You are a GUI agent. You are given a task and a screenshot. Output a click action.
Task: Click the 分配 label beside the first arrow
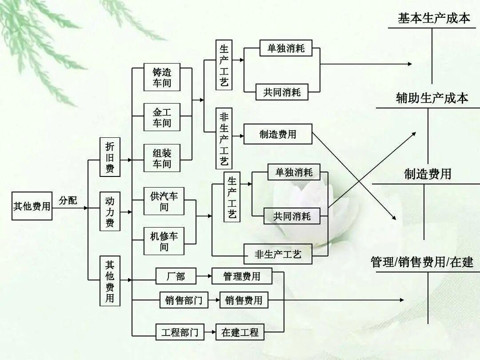(x=68, y=200)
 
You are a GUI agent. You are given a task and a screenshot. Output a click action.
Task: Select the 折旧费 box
(x=110, y=157)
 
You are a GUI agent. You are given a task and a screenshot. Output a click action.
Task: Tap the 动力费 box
(x=110, y=212)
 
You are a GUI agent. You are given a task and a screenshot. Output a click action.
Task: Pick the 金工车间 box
(x=162, y=117)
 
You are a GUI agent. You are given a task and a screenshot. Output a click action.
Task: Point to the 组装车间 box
(x=162, y=158)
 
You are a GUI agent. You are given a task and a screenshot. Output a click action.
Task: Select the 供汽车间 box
(x=164, y=201)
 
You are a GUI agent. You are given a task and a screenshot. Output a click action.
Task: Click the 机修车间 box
(x=164, y=241)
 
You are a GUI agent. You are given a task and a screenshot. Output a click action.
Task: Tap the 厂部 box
(x=176, y=276)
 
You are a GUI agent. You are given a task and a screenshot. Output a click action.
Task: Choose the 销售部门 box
(x=182, y=300)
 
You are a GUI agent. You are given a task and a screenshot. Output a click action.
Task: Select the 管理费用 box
(x=242, y=276)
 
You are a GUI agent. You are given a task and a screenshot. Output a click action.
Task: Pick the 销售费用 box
(x=244, y=300)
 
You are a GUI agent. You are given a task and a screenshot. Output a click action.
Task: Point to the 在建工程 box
(x=240, y=332)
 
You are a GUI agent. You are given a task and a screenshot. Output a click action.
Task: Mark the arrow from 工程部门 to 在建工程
(x=210, y=332)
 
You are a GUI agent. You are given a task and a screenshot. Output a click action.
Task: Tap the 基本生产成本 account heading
(x=433, y=18)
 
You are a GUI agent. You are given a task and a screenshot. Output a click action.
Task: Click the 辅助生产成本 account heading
(x=432, y=98)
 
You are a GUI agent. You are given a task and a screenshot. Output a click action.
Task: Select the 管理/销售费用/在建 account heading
(x=422, y=262)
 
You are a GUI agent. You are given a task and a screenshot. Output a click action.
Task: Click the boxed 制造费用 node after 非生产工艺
(x=278, y=134)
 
